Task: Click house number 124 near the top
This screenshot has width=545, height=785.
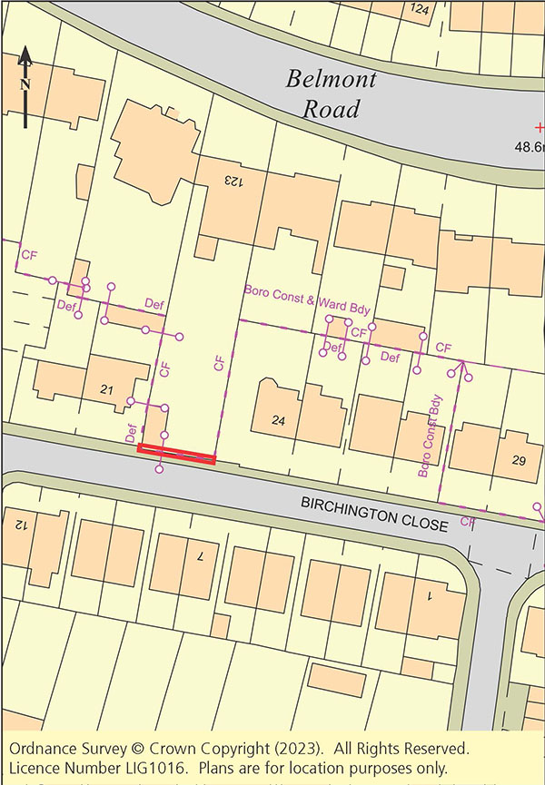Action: coord(419,9)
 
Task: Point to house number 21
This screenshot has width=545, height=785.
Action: coord(106,390)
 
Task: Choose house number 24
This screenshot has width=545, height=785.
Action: coord(278,420)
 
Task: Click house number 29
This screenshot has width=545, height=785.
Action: coord(519,461)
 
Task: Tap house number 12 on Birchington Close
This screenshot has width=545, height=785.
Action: coord(18,524)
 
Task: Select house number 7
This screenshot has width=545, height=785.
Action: coord(200,555)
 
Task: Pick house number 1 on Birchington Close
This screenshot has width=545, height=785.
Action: coord(430,597)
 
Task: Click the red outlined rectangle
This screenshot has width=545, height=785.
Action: coord(176,454)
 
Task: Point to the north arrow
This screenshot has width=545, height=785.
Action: coord(25,86)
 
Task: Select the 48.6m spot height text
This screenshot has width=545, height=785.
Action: coord(529,146)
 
